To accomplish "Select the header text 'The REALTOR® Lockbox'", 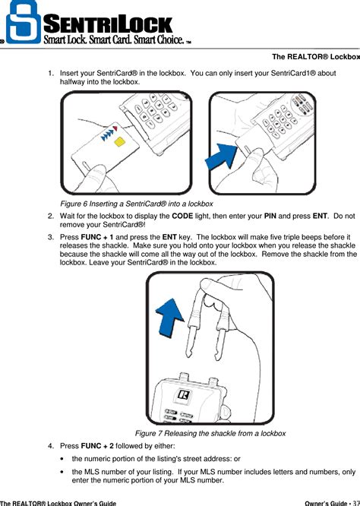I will point(315,58).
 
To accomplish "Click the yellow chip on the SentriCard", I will point(118,142).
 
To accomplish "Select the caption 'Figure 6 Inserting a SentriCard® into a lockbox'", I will point(136,204).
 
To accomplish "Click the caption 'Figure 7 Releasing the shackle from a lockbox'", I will point(210,433).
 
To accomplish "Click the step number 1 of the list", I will point(50,73).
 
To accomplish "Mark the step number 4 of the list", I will point(50,445).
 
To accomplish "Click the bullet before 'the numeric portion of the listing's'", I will point(62,460).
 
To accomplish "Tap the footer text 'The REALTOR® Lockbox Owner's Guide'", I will point(58,502).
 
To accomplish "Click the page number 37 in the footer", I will point(355,502).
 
